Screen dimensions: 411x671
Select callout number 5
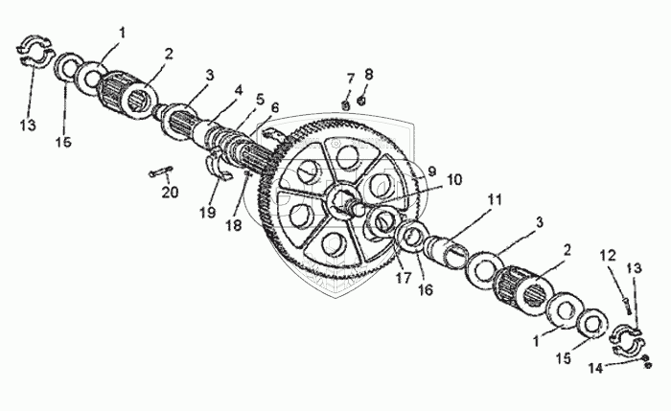260,99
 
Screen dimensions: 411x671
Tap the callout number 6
275,107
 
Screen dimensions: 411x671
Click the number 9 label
431,171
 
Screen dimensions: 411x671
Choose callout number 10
452,178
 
